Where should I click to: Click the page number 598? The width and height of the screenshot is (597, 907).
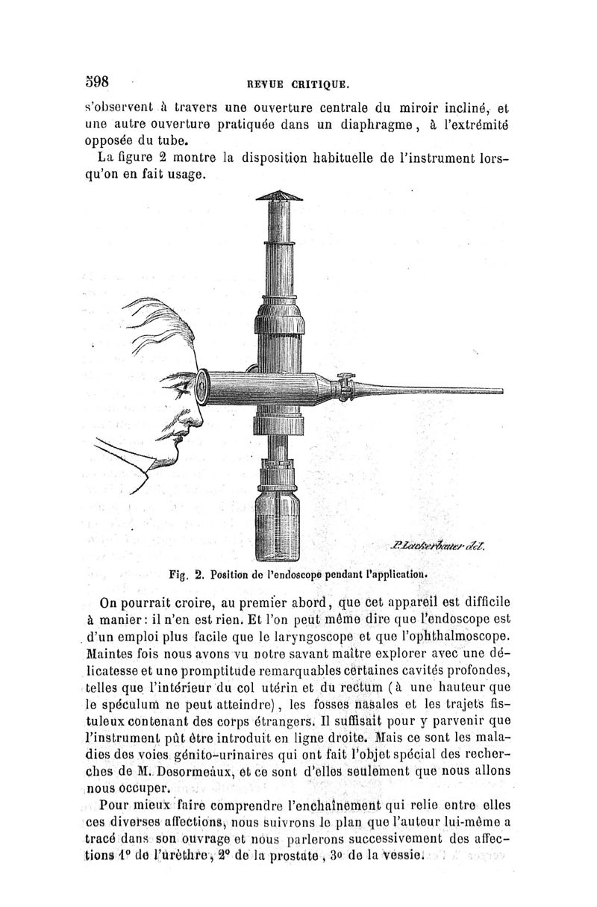(x=98, y=80)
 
